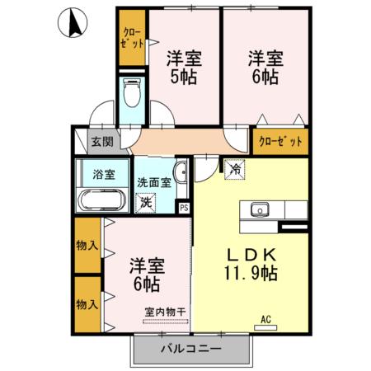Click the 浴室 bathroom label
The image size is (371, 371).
pyautogui.click(x=104, y=174)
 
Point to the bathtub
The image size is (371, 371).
pyautogui.click(x=102, y=200)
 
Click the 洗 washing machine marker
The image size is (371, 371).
pyautogui.click(x=146, y=201)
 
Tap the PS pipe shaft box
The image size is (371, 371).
pyautogui.click(x=184, y=208)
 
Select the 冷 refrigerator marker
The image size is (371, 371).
pyautogui.click(x=234, y=168)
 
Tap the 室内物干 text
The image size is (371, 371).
pyautogui.click(x=164, y=311)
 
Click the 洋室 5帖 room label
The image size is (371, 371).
pyautogui.click(x=184, y=68)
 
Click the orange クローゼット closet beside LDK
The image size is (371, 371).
pyautogui.click(x=281, y=141)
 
